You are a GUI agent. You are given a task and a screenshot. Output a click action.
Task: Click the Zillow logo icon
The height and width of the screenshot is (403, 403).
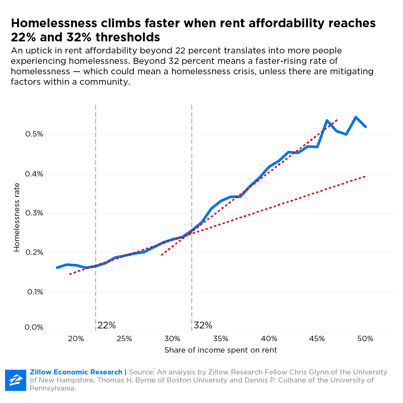click(x=15, y=380)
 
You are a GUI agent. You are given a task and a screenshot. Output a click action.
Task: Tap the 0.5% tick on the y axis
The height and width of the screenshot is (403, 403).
click(x=34, y=134)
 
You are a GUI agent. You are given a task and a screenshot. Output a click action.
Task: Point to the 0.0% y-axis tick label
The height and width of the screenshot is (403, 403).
click(x=34, y=327)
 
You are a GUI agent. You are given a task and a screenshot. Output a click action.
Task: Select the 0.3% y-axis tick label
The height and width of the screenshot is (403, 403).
click(x=34, y=213)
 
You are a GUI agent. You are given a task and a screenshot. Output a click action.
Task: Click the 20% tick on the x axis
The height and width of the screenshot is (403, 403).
click(x=76, y=339)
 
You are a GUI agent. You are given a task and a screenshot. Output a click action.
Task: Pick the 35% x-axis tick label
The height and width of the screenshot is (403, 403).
click(x=221, y=339)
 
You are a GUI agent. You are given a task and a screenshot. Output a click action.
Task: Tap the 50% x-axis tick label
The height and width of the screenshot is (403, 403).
click(x=365, y=339)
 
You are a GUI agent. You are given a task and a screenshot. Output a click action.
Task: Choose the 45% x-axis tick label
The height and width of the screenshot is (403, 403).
click(x=317, y=339)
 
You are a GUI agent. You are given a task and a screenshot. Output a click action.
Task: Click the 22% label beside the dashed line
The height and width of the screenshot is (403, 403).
click(x=107, y=325)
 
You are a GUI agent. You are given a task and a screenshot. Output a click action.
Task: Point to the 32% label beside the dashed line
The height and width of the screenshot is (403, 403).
click(x=203, y=325)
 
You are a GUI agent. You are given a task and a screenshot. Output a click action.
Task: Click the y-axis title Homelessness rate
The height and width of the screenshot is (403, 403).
click(x=17, y=217)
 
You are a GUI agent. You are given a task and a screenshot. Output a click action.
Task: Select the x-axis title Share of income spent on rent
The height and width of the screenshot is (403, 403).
click(x=220, y=350)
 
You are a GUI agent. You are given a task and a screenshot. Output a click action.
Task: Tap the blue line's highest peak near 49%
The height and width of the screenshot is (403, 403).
click(x=356, y=117)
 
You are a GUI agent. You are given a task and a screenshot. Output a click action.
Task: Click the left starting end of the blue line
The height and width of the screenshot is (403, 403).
click(x=57, y=268)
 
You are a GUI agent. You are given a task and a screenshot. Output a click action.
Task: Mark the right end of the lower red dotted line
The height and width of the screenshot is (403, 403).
click(x=365, y=176)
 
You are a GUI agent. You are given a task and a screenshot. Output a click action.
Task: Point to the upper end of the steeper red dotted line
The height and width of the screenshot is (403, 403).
click(x=337, y=120)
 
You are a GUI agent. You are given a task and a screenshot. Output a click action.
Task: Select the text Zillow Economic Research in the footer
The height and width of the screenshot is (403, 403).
click(x=76, y=372)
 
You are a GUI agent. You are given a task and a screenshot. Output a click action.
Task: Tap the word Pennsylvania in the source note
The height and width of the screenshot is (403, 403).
click(x=52, y=388)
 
